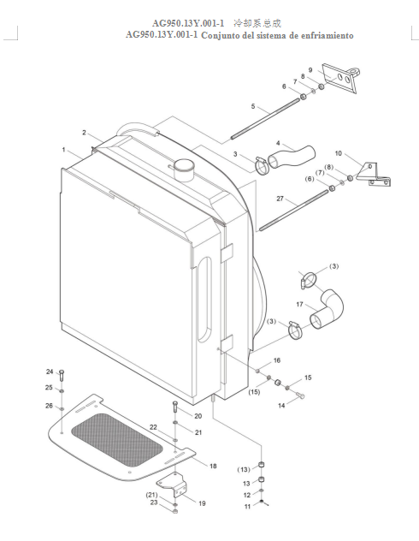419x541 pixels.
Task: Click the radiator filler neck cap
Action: point(183,169)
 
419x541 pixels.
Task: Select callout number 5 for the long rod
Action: point(253,106)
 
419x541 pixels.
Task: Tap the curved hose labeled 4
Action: point(292,157)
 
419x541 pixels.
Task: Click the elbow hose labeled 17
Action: point(327,309)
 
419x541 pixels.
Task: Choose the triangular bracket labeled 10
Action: point(375,175)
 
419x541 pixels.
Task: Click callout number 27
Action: point(280,199)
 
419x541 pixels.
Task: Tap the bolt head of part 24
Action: point(62,372)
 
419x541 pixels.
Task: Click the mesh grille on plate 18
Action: point(117,440)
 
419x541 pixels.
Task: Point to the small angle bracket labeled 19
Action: point(173,485)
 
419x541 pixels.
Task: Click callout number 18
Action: point(213,466)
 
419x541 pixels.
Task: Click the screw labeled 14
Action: point(300,395)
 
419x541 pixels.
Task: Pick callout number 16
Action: point(277,360)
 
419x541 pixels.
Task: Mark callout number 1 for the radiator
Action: point(64,150)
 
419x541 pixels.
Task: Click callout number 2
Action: point(84,133)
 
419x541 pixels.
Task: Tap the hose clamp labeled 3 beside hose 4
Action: point(263,165)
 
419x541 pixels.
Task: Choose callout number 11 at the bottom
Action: point(247,507)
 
